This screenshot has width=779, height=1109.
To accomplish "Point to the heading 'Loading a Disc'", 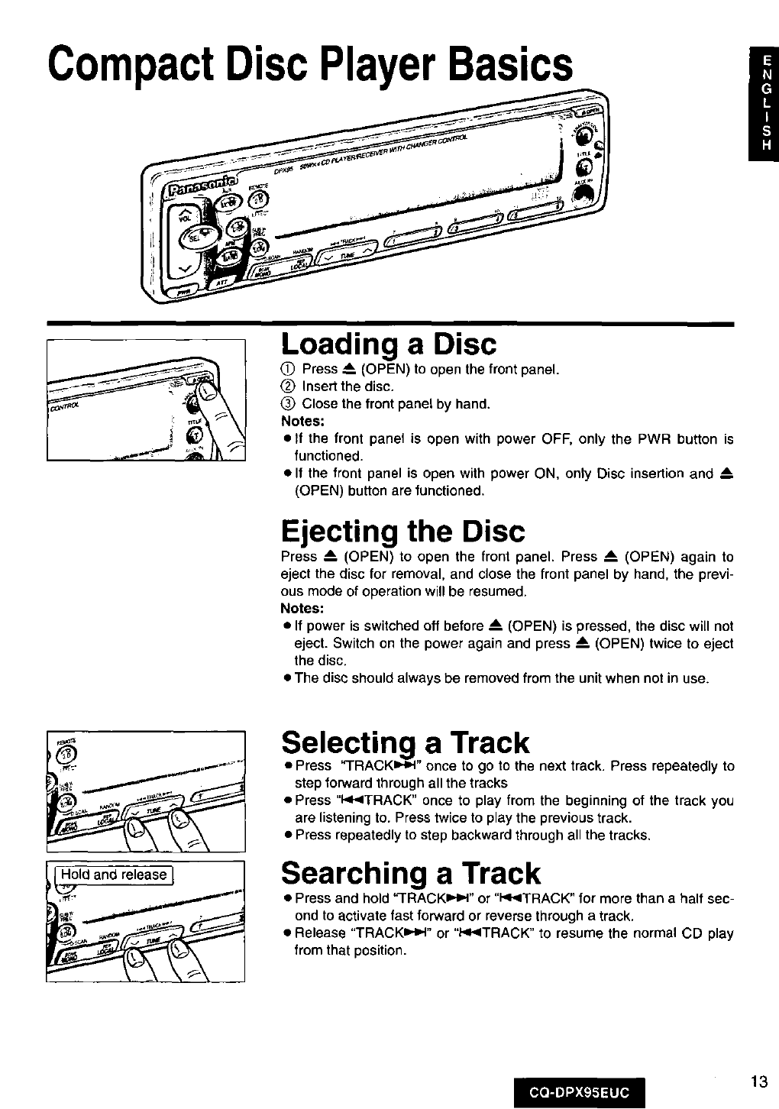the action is pyautogui.click(x=388, y=344).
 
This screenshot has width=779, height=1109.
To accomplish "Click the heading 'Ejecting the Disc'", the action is pyautogui.click(x=402, y=531).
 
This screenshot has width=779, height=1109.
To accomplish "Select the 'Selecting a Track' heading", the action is pyautogui.click(x=404, y=742).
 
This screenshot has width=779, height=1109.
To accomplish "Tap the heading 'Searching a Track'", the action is pyautogui.click(x=410, y=872).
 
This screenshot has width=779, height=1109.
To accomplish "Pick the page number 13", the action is pyautogui.click(x=758, y=1081).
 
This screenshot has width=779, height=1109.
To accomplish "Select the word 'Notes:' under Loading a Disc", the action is pyautogui.click(x=303, y=421).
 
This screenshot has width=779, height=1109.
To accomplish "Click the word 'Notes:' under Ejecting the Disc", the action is pyautogui.click(x=303, y=609).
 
